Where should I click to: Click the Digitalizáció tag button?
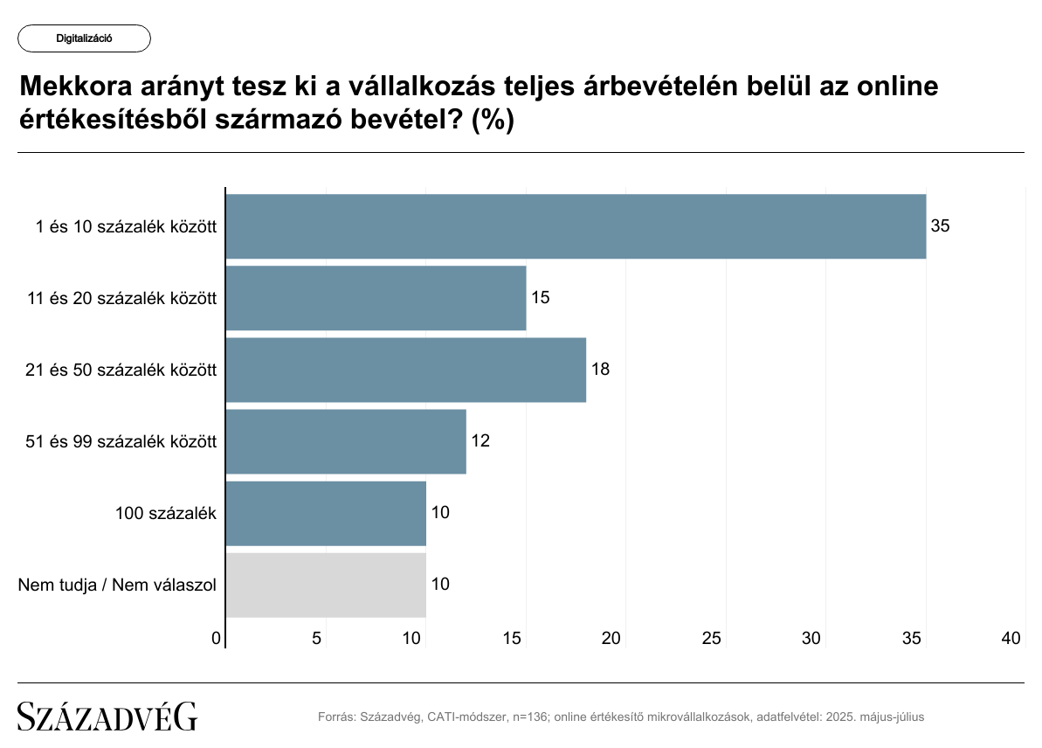point(84,38)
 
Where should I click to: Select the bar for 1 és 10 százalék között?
point(576,226)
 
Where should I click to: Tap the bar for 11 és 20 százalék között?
point(376,298)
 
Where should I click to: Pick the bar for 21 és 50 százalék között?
point(405,370)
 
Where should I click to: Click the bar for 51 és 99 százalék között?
point(346,441)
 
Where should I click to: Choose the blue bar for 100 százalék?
point(326,513)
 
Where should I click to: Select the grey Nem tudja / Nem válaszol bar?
point(326,585)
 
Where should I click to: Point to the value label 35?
point(940,226)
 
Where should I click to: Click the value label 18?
point(600,370)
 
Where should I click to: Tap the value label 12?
point(480,441)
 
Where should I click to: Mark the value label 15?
point(540,298)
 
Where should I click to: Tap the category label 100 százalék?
point(166,513)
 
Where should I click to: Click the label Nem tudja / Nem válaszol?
point(117,585)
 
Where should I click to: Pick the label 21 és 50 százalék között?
point(121,370)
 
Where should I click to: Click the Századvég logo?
point(107,717)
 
